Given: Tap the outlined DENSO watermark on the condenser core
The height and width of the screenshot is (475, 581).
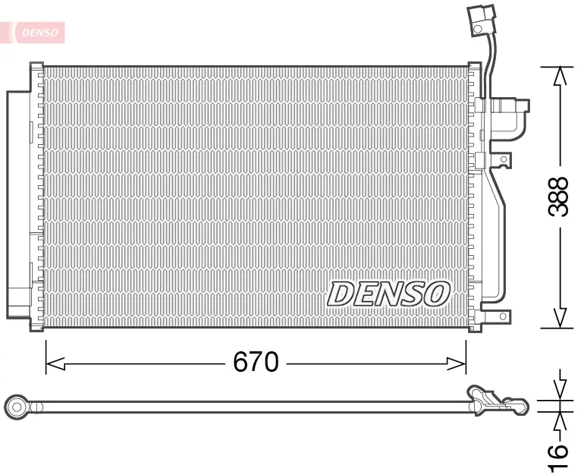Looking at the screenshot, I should point(388,294).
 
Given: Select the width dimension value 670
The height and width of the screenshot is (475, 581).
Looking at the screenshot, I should point(256,363).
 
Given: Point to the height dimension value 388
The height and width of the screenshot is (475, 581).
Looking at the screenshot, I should point(558,197).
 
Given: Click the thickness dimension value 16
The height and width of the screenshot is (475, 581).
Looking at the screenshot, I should point(558,451).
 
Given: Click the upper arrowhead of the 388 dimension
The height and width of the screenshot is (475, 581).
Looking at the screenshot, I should point(560,76).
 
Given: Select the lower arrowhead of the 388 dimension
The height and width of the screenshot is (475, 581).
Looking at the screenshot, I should point(560,319).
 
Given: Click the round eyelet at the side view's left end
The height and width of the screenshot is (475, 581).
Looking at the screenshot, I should point(16,407).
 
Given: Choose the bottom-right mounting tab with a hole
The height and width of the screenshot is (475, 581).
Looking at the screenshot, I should point(501,316).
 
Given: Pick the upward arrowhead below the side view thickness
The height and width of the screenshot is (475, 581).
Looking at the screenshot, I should point(561,421).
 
